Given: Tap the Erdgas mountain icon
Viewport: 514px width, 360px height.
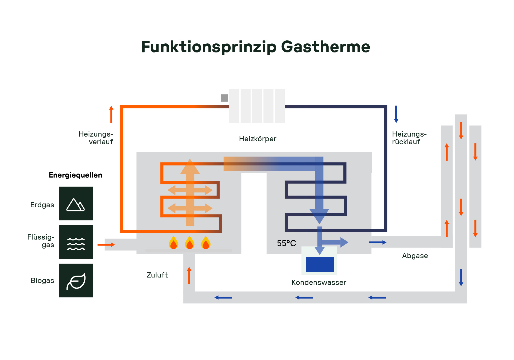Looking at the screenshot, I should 76,204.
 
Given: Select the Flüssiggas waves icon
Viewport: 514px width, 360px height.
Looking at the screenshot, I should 76,242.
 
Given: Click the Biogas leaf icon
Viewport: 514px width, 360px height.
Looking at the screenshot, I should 76,281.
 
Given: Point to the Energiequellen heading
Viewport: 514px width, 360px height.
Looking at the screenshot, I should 75,175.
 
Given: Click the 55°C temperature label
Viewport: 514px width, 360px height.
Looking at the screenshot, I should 286,243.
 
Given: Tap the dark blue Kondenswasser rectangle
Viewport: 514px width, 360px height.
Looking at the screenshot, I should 320,264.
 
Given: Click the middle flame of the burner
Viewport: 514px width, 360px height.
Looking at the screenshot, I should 189,243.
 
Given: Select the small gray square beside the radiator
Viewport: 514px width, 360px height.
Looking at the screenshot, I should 224,98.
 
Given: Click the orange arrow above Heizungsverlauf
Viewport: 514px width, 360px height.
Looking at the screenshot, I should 111,114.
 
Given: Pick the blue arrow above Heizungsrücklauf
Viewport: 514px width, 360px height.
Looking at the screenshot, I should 396,114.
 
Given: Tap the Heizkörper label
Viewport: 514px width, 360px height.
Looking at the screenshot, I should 258,139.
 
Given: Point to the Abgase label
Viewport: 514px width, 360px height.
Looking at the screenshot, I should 415,256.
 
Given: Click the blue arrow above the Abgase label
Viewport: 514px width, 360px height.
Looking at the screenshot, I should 377,242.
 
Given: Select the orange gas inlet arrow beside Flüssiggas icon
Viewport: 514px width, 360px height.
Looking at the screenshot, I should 106,244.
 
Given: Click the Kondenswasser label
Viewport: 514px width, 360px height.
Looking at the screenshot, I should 319,282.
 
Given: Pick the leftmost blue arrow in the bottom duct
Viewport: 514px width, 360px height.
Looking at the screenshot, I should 223,297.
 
